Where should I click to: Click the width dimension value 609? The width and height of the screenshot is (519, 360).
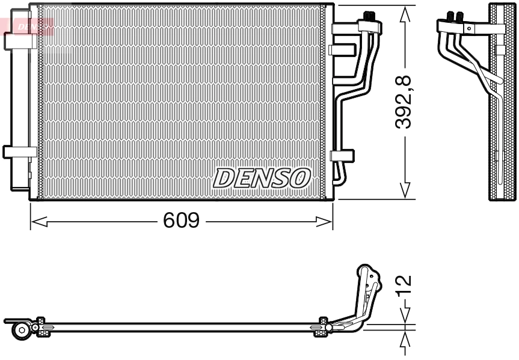tap(181, 221)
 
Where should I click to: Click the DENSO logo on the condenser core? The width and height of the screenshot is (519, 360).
tap(262, 178)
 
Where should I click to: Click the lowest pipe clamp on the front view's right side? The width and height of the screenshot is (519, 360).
tap(342, 155)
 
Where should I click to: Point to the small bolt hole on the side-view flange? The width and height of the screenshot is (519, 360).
tap(469, 28)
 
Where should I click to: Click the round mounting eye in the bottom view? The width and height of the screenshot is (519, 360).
tap(22, 329)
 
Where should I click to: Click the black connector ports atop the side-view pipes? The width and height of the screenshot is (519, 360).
tap(455, 16)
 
